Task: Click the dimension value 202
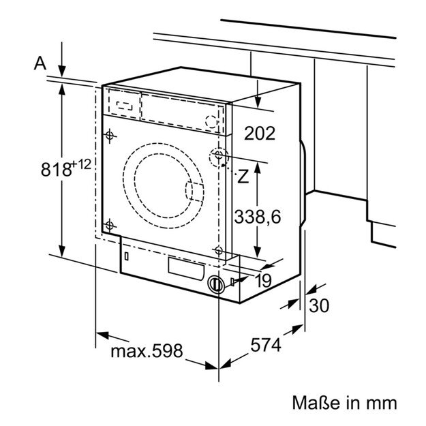[x=260, y=133]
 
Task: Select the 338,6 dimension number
[x=258, y=217]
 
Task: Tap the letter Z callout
[x=242, y=176]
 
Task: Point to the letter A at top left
[x=40, y=63]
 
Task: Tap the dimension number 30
[x=318, y=305]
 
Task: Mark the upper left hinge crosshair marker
[x=109, y=135]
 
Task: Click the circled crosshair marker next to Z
[x=219, y=157]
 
